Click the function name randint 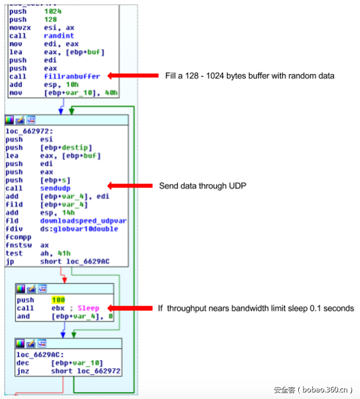tap(59, 36)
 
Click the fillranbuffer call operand tap(72, 76)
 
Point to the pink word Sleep tap(88, 308)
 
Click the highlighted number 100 tap(58, 300)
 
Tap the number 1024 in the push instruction tap(53, 11)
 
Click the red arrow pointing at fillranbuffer tap(133, 76)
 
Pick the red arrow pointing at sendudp tap(130, 186)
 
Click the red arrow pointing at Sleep tap(130, 308)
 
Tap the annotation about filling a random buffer tap(250, 76)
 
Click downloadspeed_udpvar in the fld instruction tap(83, 220)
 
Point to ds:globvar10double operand tap(79, 229)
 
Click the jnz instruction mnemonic tap(23, 371)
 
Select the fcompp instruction tap(18, 237)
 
